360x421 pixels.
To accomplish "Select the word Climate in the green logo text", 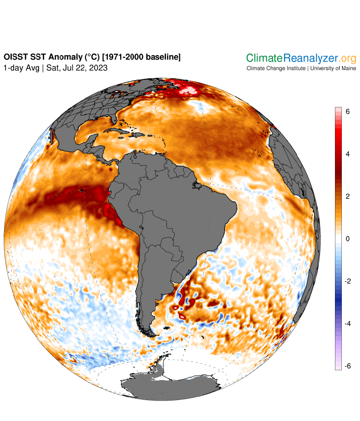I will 264,58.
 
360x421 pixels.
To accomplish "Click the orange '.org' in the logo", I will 348,58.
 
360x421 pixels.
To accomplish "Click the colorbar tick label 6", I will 347,112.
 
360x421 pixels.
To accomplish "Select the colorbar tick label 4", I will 347,154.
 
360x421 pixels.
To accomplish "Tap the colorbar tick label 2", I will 347,196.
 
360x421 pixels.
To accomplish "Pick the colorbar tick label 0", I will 347,238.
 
